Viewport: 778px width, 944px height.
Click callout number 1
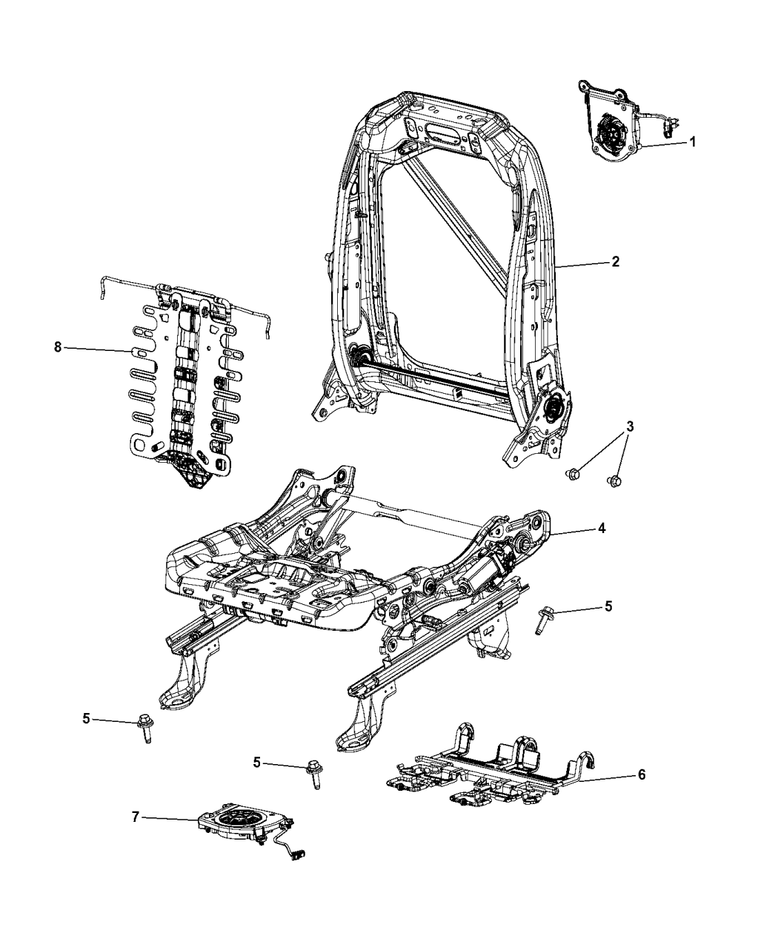click(x=693, y=141)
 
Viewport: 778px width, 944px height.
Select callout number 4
click(x=602, y=529)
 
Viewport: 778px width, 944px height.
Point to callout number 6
click(x=642, y=775)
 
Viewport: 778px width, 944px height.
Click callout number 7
click(x=135, y=817)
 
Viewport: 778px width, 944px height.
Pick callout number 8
click(x=58, y=347)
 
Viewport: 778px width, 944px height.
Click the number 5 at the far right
click(x=608, y=606)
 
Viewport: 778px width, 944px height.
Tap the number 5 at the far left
click(x=87, y=717)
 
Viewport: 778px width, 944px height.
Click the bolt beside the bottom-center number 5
click(x=313, y=773)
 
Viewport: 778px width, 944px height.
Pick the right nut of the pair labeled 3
click(x=616, y=482)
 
